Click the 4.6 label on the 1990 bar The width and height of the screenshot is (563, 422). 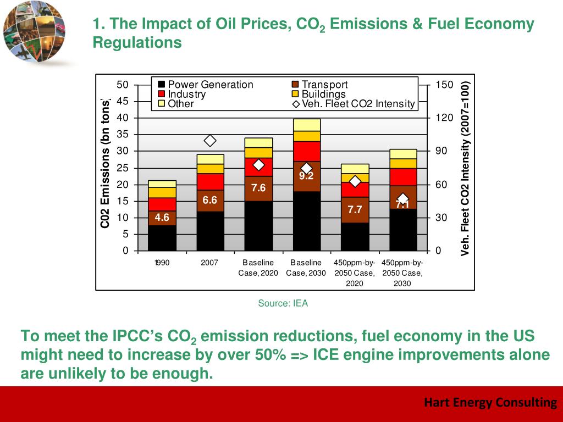tap(162, 218)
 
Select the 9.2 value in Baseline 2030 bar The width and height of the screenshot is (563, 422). tap(306, 176)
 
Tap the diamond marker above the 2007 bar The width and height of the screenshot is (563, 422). tap(210, 141)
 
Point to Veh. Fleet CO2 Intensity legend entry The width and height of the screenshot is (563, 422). tap(353, 103)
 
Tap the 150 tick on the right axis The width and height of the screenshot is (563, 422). tap(444, 85)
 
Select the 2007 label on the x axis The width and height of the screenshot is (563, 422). tap(210, 263)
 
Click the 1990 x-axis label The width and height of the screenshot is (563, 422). tap(162, 263)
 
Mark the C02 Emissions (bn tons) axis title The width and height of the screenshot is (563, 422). tap(106, 163)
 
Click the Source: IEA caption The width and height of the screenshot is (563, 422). tap(283, 303)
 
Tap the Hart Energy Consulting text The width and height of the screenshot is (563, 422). tap(490, 403)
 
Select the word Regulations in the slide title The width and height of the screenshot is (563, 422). tap(137, 42)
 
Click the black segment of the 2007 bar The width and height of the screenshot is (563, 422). tap(210, 231)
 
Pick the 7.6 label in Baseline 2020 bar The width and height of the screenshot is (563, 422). tap(258, 188)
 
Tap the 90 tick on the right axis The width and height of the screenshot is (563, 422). tap(441, 151)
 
